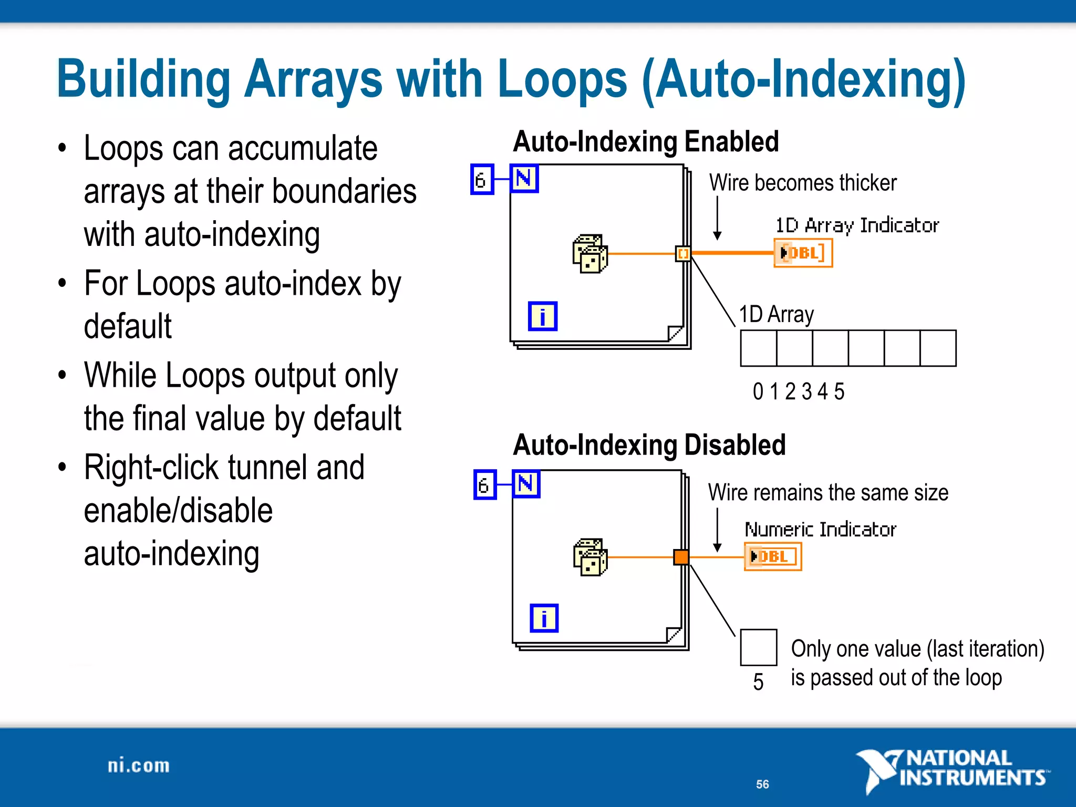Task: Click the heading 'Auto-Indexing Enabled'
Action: pos(646,142)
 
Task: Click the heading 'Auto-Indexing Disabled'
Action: pos(649,446)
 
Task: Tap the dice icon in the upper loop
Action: pos(590,254)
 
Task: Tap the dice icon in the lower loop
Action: pos(590,557)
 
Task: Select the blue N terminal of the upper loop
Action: pos(524,179)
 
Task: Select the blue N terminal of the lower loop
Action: pos(526,484)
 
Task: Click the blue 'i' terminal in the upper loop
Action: pos(542,316)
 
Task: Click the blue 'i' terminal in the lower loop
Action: pos(544,618)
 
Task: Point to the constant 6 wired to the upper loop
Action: pos(482,180)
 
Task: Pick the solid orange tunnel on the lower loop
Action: pos(681,557)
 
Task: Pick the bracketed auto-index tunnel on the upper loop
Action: pos(682,254)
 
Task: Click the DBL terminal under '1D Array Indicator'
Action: pos(803,253)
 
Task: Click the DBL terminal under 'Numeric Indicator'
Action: pos(772,557)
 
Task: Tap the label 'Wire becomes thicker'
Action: pos(802,183)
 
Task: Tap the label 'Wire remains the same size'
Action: pos(828,493)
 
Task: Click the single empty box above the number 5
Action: pos(758,647)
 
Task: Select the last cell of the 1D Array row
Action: pos(938,348)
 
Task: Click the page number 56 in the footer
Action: pos(762,784)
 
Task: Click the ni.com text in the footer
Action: pos(139,766)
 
